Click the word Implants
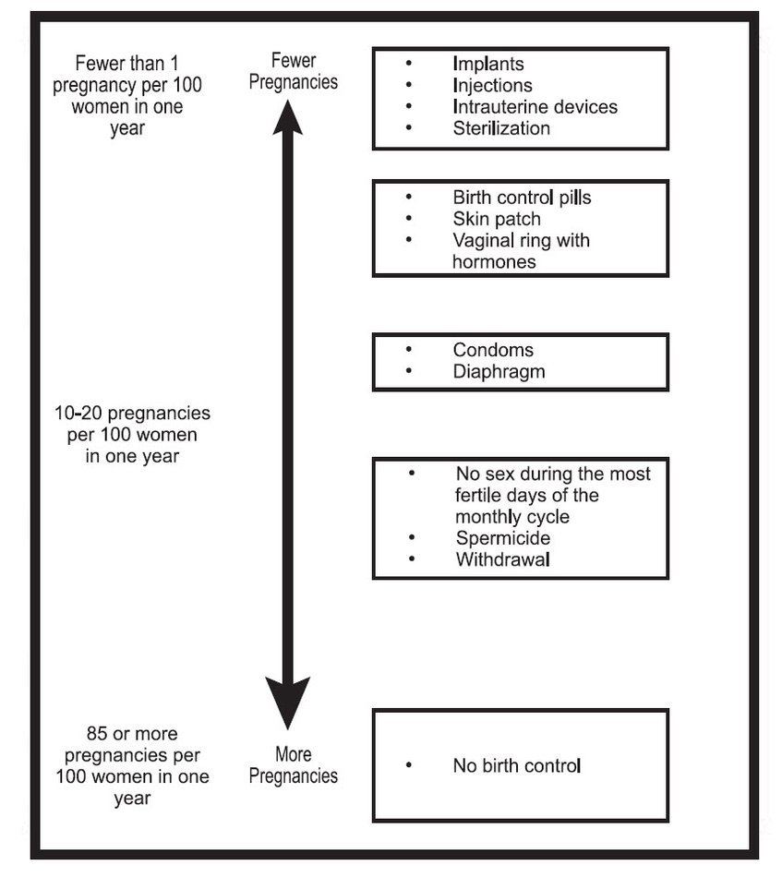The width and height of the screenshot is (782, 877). tap(488, 65)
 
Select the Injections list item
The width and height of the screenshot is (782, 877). tap(492, 86)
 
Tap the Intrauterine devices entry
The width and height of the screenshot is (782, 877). tap(535, 107)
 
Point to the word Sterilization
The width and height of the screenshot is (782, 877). tap(501, 128)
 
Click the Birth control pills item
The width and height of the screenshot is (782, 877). tap(522, 198)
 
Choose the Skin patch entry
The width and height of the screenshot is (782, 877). tap(497, 219)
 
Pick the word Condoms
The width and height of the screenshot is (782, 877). tap(493, 350)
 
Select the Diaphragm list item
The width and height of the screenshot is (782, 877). tap(499, 372)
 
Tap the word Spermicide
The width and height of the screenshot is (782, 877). tap(503, 538)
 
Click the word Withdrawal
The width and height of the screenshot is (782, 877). tap(503, 559)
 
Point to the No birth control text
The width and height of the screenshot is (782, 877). tap(517, 765)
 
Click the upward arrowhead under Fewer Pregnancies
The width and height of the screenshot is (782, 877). tap(287, 117)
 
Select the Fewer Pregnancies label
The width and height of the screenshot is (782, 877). tap(293, 71)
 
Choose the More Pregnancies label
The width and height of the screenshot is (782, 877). tap(293, 764)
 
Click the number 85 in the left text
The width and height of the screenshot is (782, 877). tap(97, 733)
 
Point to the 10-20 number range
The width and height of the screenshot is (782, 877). tap(78, 414)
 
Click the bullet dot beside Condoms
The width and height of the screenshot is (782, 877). tap(409, 349)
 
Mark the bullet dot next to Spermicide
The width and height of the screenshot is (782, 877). tap(412, 537)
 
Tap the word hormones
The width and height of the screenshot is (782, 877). tap(494, 262)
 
